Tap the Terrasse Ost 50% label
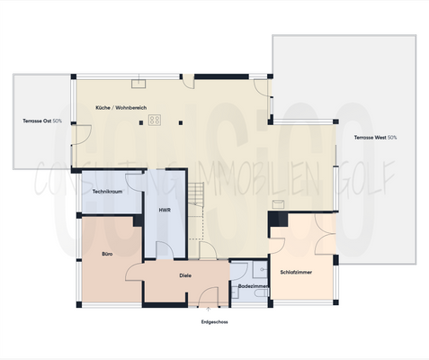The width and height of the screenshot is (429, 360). (42, 121)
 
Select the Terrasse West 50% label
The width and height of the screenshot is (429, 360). (375, 138)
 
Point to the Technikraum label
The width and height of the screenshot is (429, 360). (107, 193)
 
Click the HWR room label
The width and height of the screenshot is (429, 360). (165, 210)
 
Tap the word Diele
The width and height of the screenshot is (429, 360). (185, 275)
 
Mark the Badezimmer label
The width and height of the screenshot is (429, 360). (253, 286)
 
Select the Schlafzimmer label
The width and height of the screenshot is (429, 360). (296, 271)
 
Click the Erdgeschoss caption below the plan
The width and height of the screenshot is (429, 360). (214, 320)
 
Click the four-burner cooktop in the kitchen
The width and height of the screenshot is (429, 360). (155, 119)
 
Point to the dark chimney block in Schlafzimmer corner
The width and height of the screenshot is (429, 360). (280, 219)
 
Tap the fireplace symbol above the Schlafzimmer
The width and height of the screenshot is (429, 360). (279, 204)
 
